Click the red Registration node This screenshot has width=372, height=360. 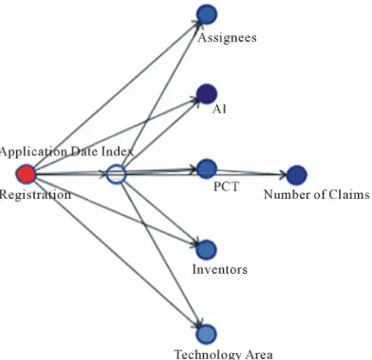coord(26,174)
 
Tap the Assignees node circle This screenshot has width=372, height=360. coord(207,14)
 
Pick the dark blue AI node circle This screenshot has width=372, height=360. coord(207,94)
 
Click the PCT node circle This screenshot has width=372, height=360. coord(207,169)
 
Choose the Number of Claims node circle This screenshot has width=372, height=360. coord(297,175)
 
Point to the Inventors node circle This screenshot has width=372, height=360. coord(207,250)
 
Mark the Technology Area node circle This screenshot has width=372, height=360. coord(207,334)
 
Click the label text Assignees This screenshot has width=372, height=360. coord(226,38)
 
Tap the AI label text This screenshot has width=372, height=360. coord(220,109)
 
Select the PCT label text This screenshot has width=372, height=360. coord(226,187)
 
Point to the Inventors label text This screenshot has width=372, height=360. coord(220,270)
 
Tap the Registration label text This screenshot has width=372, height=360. coord(35,195)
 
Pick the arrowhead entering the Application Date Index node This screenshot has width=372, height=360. coord(103,174)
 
